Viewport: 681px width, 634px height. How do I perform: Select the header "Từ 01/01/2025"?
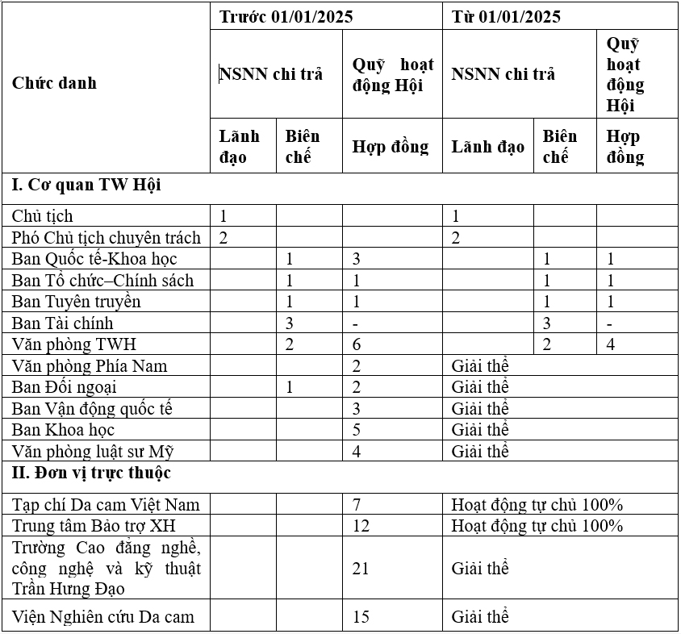(x=506, y=17)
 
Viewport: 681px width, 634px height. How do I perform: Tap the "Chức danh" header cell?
(x=54, y=82)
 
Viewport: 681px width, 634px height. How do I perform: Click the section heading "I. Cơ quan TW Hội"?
(x=86, y=185)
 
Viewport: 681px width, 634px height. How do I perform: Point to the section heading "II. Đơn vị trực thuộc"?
(x=91, y=473)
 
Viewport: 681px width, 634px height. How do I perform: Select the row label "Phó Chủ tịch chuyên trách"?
(x=106, y=237)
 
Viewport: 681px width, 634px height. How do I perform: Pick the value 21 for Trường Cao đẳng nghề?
(x=361, y=569)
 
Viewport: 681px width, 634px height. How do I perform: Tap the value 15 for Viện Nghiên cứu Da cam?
(x=361, y=617)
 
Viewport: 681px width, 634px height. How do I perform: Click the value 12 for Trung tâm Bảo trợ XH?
(x=361, y=526)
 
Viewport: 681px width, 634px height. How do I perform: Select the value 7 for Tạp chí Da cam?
(x=357, y=505)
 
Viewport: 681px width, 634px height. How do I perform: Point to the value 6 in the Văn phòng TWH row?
(x=357, y=344)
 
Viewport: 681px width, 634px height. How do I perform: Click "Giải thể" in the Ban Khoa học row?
(x=480, y=429)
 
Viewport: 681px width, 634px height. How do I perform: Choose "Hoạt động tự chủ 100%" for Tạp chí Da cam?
(x=537, y=505)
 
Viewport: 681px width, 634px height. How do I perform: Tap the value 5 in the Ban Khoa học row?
(x=357, y=429)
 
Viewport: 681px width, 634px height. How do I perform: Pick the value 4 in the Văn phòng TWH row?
(x=611, y=344)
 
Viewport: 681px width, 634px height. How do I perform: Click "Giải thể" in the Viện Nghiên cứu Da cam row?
(x=480, y=617)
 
